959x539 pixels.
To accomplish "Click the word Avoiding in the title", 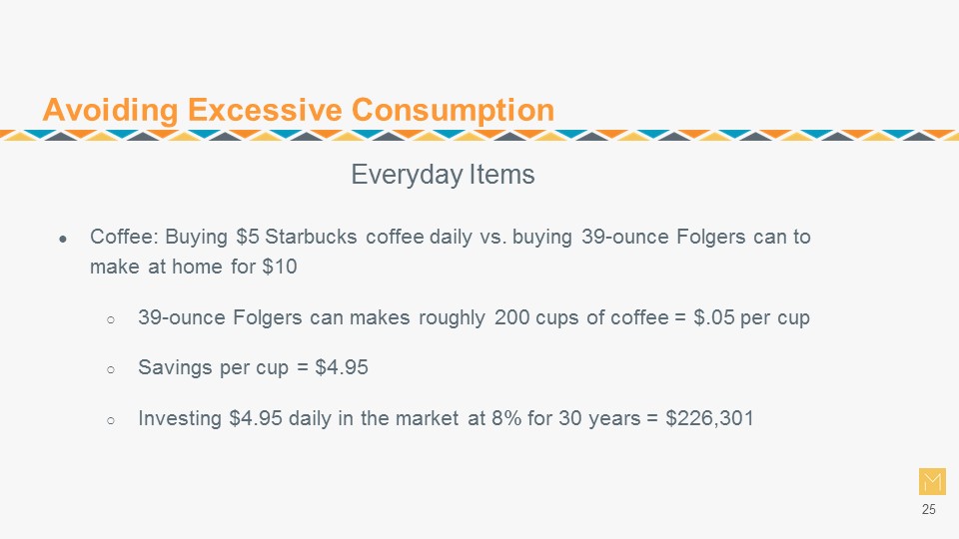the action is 110,110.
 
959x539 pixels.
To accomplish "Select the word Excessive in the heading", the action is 265,110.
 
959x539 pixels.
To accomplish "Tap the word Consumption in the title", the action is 453,110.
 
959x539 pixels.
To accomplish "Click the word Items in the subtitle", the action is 502,174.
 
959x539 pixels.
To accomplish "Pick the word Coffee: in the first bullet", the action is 124,237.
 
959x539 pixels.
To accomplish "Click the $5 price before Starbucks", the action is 248,237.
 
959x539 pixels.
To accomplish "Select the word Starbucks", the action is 311,237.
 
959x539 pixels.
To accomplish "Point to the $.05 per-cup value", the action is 713,317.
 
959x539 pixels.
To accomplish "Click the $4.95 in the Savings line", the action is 342,367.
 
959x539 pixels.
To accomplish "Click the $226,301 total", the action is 709,418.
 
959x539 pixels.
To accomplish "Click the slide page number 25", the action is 928,510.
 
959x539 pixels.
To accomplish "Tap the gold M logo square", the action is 932,481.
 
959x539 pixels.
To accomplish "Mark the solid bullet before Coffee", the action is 63,239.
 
